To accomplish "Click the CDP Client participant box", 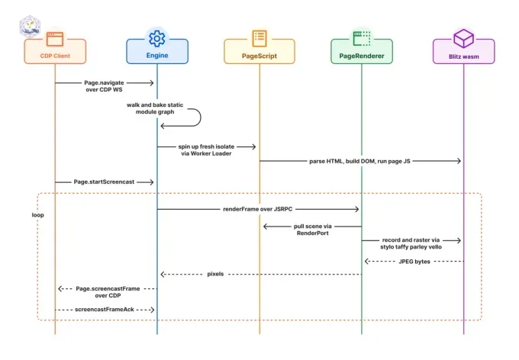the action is [55, 51].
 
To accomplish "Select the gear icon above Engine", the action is [157, 38].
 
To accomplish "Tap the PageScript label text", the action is [259, 56].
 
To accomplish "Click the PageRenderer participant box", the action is [362, 51].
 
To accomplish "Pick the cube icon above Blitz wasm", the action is [463, 38].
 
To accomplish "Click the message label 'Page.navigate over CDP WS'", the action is [104, 86].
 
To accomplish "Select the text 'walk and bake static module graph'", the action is [155, 108].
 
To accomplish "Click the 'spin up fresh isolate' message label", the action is [206, 146].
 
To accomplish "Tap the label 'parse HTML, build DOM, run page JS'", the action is [359, 161].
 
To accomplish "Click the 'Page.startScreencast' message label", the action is [104, 182].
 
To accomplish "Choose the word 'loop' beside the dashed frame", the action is [37, 215].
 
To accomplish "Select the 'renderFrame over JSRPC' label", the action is [257, 209].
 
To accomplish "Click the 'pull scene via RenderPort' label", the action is [312, 230].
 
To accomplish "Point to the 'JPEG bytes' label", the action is [414, 262].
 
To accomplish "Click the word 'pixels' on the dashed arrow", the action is [215, 274].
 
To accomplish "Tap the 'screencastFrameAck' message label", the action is [105, 310].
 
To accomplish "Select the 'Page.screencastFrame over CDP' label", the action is [108, 292].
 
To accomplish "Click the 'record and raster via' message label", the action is [411, 240].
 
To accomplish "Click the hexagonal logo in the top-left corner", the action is [30, 27].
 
